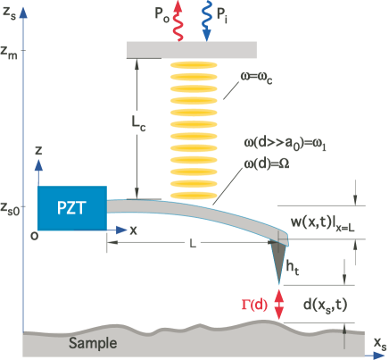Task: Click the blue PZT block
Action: (72, 210)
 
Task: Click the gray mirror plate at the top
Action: (192, 48)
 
